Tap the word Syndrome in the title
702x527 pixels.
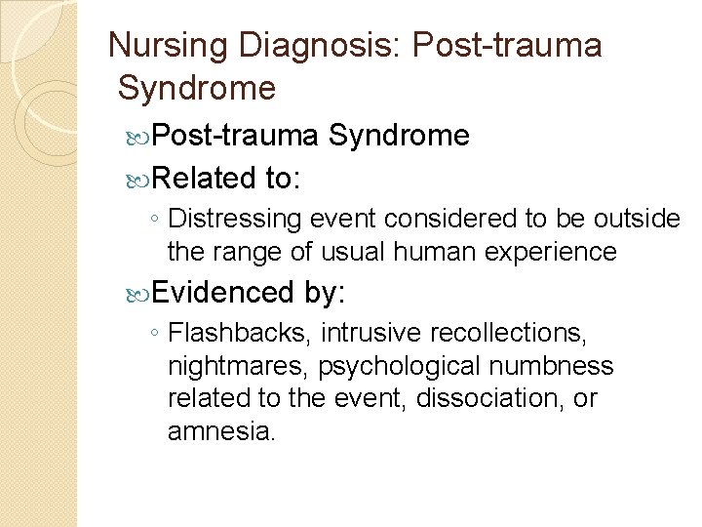point(196,89)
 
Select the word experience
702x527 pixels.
point(553,252)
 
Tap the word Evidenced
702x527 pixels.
point(222,292)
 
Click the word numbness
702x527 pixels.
point(558,366)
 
